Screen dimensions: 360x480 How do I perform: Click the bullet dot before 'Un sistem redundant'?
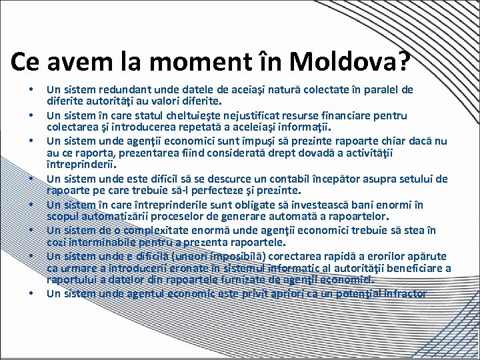[x=30, y=90]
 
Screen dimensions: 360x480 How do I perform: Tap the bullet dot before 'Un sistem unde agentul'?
[x=30, y=293]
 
